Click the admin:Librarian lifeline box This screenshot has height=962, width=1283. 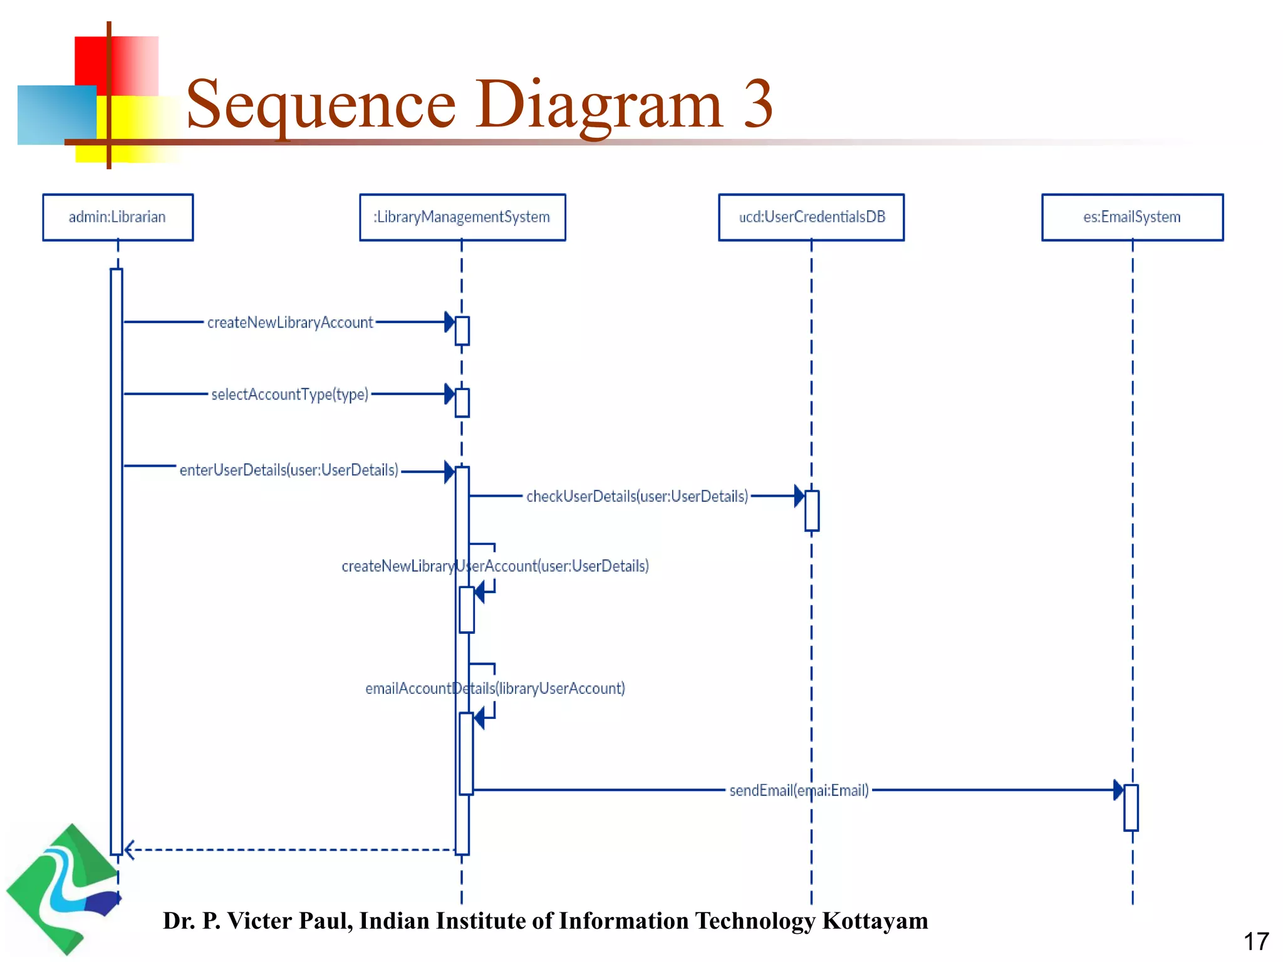pyautogui.click(x=118, y=217)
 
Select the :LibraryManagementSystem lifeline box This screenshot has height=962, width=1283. pyautogui.click(x=462, y=217)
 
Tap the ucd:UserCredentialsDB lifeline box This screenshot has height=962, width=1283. pyautogui.click(x=811, y=217)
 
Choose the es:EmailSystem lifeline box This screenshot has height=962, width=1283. pyautogui.click(x=1132, y=217)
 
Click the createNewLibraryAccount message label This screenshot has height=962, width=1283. pyautogui.click(x=290, y=323)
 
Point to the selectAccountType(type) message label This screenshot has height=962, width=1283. pyautogui.click(x=289, y=395)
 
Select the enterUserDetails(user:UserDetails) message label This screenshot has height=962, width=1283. pyautogui.click(x=289, y=470)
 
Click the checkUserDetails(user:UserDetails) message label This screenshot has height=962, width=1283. pyautogui.click(x=637, y=497)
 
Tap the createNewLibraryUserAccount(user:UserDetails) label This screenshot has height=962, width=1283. pyautogui.click(x=495, y=566)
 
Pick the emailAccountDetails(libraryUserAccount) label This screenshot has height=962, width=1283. pyautogui.click(x=495, y=689)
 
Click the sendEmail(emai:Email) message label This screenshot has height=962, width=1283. pyautogui.click(x=799, y=790)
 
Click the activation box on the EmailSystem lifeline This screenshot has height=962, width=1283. pyautogui.click(x=1131, y=807)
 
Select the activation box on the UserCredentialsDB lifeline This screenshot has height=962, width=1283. pyautogui.click(x=812, y=510)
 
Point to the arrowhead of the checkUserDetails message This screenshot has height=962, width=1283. pyautogui.click(x=799, y=496)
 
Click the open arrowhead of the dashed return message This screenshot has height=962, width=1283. pyautogui.click(x=129, y=850)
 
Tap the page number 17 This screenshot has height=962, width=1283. pyautogui.click(x=1255, y=941)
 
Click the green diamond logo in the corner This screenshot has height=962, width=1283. pyautogui.click(x=63, y=889)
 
